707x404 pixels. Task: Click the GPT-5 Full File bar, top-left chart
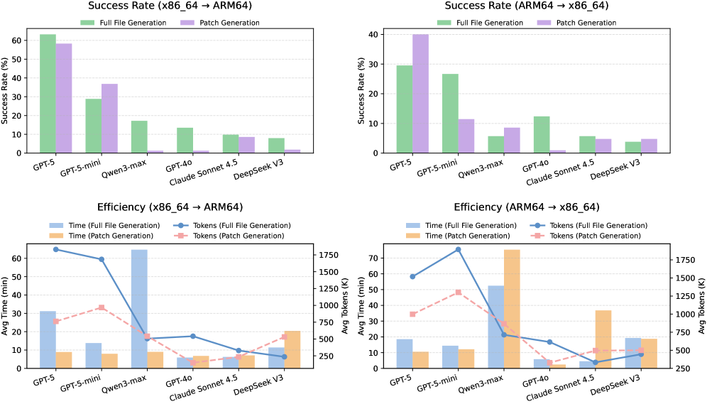(48, 94)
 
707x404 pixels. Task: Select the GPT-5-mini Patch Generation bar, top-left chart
(109, 119)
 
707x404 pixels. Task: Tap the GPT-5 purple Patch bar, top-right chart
(420, 94)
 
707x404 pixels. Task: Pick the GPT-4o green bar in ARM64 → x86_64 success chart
(542, 135)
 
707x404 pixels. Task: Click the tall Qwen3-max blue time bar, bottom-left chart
(139, 309)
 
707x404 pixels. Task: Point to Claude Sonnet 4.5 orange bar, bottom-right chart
(603, 339)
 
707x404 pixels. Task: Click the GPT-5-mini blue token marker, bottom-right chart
(458, 250)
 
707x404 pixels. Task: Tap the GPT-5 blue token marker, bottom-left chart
(55, 249)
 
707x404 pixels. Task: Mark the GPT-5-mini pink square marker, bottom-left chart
(102, 307)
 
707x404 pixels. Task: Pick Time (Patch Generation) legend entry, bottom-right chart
(463, 236)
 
